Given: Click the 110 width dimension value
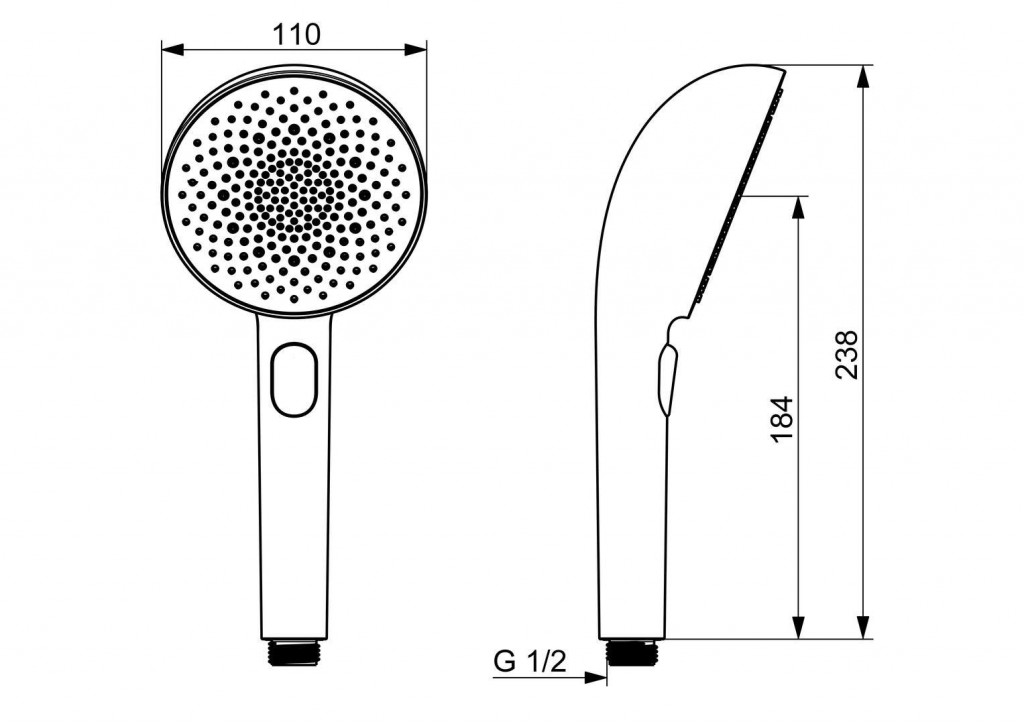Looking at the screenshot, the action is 296,35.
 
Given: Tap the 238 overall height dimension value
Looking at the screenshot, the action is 848,354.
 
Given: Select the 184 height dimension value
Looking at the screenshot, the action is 782,419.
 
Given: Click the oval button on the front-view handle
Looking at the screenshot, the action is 294,380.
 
